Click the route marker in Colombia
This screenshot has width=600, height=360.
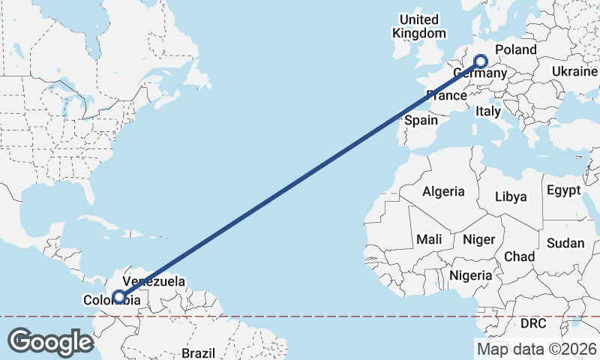click(118, 297)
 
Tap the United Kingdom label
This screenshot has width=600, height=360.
click(420, 26)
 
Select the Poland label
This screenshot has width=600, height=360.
click(517, 49)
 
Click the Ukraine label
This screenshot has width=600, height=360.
click(575, 70)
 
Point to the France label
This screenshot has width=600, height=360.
click(446, 95)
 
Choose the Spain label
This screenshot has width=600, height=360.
click(421, 120)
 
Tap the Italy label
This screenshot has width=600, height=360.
click(489, 112)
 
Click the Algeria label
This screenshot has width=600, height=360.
click(443, 191)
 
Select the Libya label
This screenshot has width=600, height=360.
click(511, 196)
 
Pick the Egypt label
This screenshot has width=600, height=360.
click(563, 190)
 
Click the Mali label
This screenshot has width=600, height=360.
click(430, 239)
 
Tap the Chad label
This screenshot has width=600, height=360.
click(519, 256)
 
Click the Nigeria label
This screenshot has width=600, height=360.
click(471, 275)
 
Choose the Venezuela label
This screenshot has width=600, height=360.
click(154, 282)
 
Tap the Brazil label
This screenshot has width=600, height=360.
click(199, 352)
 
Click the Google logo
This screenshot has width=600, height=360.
click(50, 341)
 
